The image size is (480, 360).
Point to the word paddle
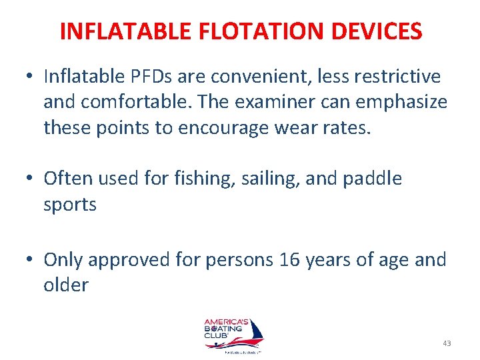(377, 179)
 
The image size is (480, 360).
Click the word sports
(70, 205)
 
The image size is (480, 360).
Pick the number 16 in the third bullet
(289, 259)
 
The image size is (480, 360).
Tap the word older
(66, 285)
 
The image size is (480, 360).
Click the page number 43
(447, 343)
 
